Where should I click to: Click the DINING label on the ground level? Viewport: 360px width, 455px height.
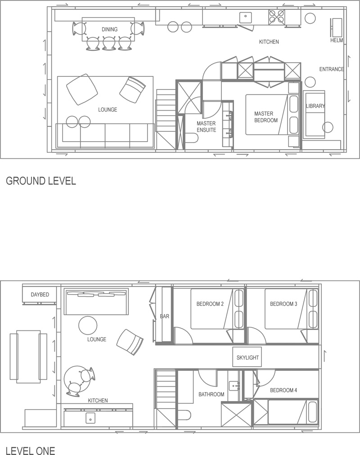[109, 29]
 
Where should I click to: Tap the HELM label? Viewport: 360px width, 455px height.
[337, 40]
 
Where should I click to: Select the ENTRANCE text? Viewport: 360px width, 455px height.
[331, 69]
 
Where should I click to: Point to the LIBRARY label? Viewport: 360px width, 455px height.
[315, 106]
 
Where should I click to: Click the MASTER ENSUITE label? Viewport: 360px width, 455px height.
[206, 126]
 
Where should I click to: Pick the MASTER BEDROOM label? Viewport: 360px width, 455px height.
[265, 117]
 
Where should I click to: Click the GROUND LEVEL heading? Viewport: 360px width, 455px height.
[41, 181]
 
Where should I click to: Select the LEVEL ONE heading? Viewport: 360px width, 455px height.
[31, 451]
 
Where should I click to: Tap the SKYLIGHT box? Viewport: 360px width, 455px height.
[247, 357]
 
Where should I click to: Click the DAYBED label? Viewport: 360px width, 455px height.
[40, 294]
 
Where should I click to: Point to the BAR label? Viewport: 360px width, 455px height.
[165, 316]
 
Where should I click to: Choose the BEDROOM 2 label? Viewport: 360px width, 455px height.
[210, 304]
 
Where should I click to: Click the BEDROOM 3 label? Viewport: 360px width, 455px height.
[283, 304]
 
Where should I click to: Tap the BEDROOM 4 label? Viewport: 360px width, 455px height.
[283, 390]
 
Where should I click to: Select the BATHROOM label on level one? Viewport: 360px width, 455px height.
[211, 394]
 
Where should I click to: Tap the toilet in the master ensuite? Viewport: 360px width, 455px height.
[192, 138]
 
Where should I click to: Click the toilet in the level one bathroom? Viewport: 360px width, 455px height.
[184, 415]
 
